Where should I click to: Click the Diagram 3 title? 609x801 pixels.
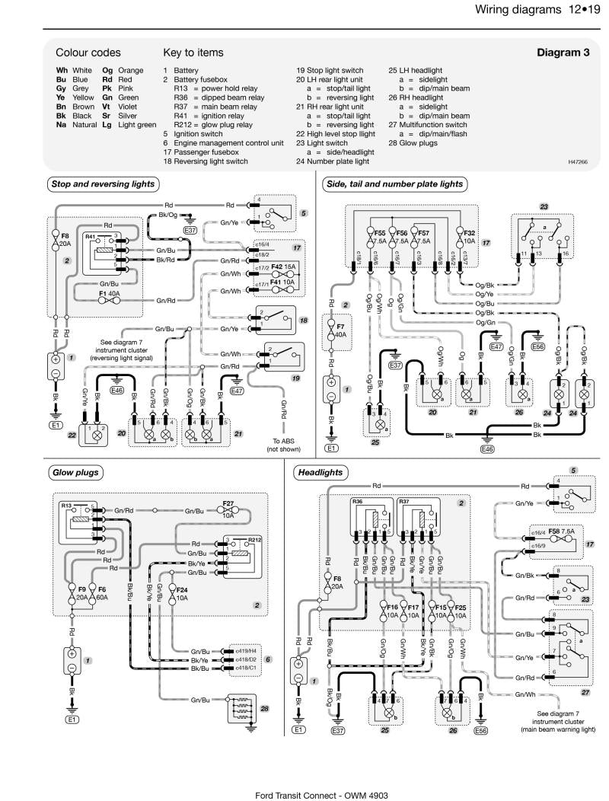pyautogui.click(x=563, y=53)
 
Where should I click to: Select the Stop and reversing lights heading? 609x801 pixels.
pyautogui.click(x=103, y=183)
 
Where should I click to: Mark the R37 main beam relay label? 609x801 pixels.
pyautogui.click(x=405, y=503)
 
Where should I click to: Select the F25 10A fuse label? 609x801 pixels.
pyautogui.click(x=460, y=610)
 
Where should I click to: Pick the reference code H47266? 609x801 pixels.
pyautogui.click(x=579, y=161)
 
